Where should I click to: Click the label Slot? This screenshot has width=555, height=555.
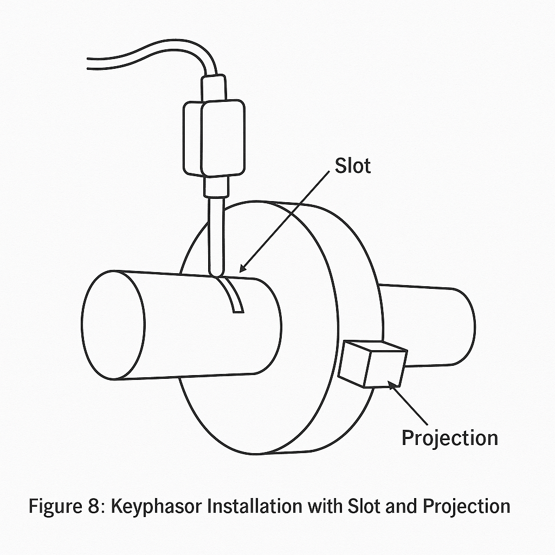point(353,165)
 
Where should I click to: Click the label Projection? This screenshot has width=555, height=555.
point(449,437)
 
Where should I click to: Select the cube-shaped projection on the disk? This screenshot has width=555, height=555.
point(372,364)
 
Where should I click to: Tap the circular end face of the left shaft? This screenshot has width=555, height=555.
point(113,325)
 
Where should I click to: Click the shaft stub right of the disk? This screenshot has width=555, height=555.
point(434,325)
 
